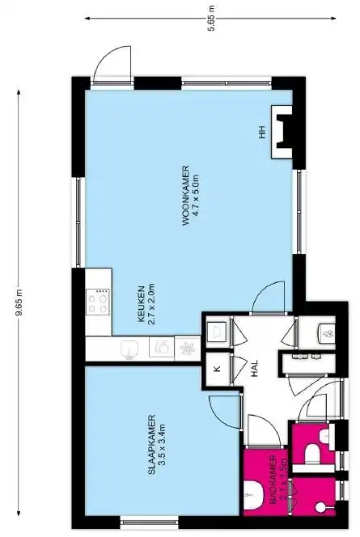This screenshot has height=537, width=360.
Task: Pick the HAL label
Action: [254, 370]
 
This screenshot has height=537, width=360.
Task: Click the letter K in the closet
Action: [216, 370]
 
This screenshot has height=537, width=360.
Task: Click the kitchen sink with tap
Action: [161, 349]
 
